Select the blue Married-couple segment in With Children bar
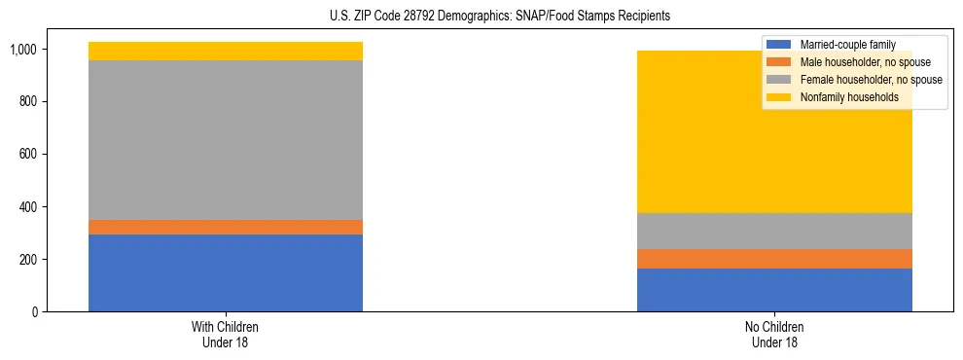point(226,272)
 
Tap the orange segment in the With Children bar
point(226,227)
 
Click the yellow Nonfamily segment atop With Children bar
point(226,51)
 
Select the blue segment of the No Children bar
point(774,290)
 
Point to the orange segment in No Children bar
point(774,259)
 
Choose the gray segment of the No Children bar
point(774,231)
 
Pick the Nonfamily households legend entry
point(842,97)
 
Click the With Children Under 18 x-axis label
point(226,335)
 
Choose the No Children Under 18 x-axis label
point(774,335)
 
